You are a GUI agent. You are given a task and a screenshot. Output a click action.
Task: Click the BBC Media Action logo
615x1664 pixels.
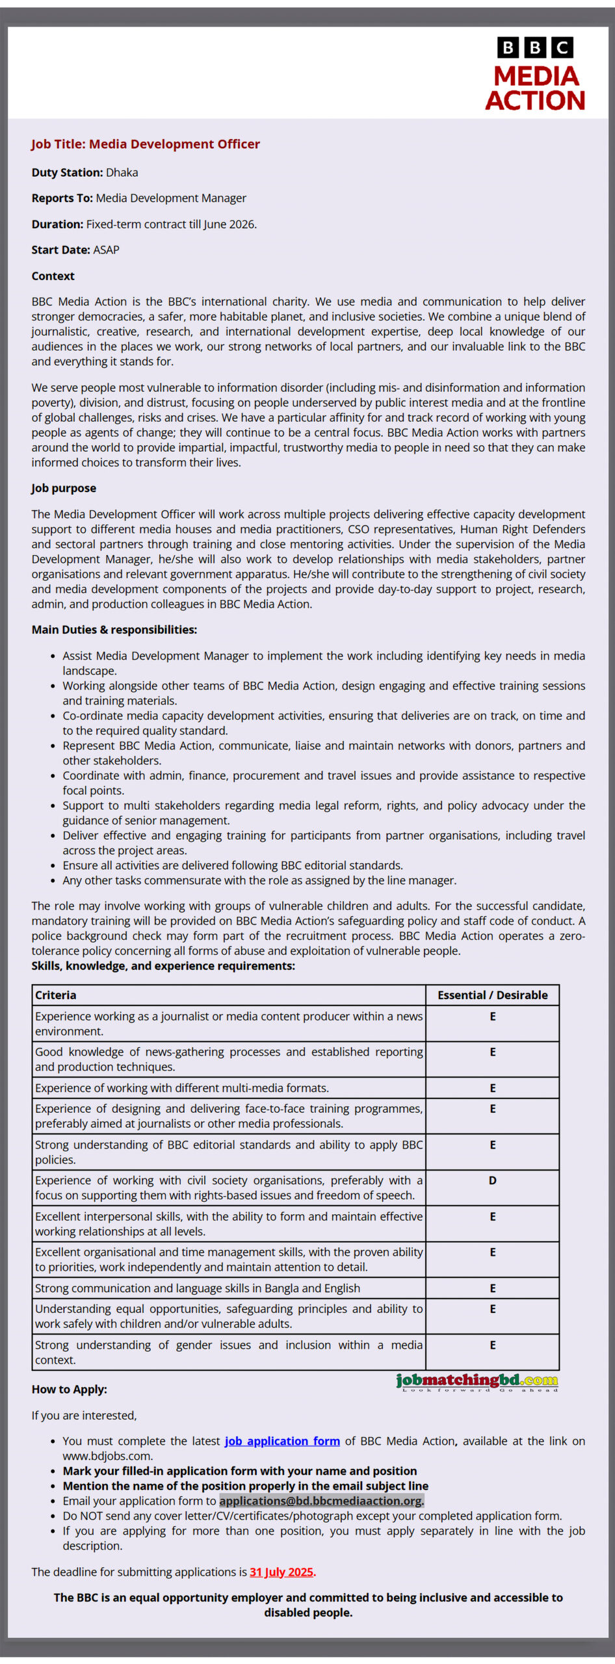[535, 73]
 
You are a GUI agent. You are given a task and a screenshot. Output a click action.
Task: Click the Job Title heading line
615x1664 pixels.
[146, 144]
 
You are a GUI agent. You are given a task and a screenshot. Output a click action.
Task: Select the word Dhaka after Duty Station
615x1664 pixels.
[122, 173]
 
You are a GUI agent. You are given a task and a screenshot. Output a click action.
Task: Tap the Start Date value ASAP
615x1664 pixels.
[106, 250]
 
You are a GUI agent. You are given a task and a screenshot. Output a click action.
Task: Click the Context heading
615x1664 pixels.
[53, 276]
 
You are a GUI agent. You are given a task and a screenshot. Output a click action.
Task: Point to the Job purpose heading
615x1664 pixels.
[64, 488]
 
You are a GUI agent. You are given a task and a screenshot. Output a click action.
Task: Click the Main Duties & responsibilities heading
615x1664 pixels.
[114, 630]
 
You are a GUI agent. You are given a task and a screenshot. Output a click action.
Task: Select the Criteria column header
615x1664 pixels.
[56, 995]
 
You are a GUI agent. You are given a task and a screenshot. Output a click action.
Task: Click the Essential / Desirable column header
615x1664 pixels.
[492, 995]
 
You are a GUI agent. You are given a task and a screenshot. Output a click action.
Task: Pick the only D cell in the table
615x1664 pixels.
[492, 1180]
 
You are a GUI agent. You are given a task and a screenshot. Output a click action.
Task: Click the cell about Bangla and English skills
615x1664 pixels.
[198, 1288]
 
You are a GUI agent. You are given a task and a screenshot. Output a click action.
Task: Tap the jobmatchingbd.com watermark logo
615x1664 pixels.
[477, 1381]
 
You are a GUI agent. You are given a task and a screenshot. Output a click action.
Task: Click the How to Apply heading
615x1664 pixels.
[70, 1390]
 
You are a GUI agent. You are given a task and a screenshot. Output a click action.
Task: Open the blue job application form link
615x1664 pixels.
[282, 1441]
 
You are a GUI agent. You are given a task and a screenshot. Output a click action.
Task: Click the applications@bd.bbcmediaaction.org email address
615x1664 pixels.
[321, 1501]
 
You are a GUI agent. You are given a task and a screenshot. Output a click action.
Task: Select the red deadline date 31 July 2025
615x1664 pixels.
[281, 1572]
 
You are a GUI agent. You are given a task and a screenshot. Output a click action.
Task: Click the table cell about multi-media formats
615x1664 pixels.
[182, 1088]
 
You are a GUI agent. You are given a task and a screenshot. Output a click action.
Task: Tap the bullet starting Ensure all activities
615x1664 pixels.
[233, 865]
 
